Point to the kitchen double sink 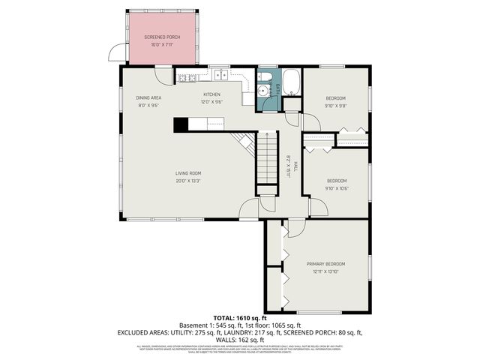[x=220, y=74]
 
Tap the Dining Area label [x=148, y=97]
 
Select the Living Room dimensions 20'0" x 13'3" [x=187, y=180]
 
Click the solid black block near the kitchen [x=181, y=125]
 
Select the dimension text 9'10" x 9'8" [x=335, y=106]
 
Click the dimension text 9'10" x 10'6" [x=336, y=187]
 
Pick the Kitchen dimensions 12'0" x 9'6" [x=211, y=101]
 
